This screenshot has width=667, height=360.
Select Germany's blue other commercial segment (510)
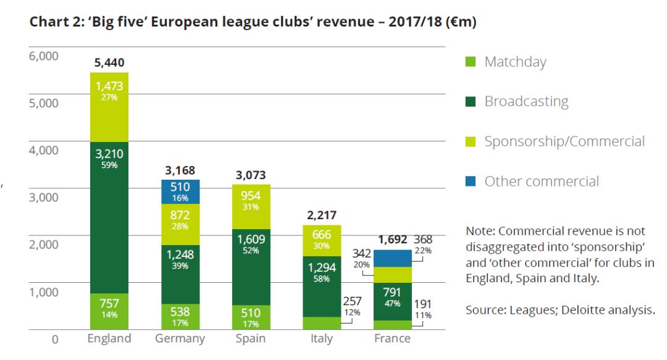pos(180,191)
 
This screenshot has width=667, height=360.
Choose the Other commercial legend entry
pos(542,182)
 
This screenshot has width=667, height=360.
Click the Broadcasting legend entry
pos(526,102)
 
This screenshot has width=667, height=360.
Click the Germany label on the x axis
pos(180,338)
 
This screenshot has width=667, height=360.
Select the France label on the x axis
pos(393,338)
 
